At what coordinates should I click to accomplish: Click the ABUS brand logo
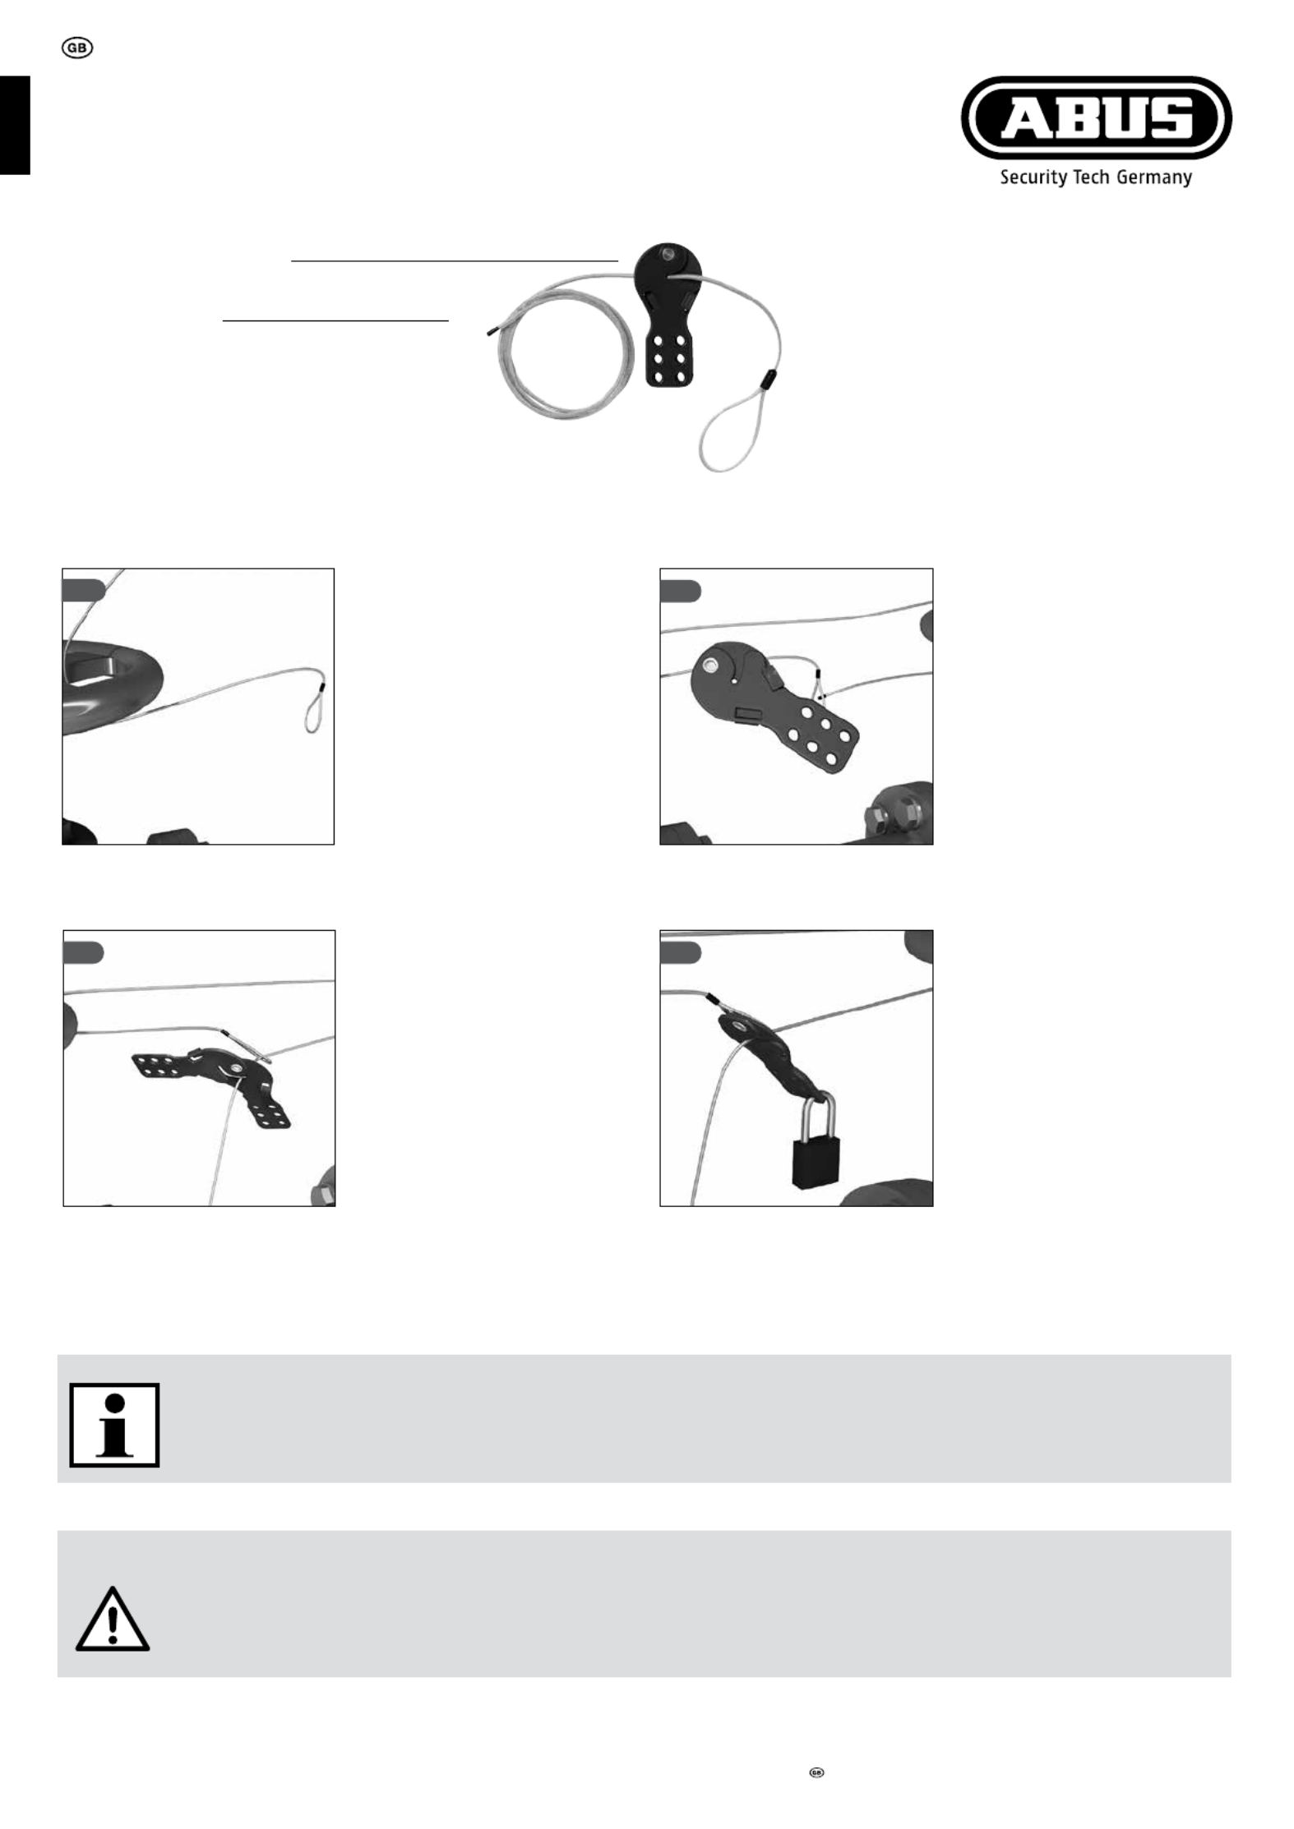pyautogui.click(x=1096, y=117)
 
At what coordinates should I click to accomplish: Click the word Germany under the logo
pyautogui.click(x=1154, y=177)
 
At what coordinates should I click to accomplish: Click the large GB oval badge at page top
pyautogui.click(x=77, y=48)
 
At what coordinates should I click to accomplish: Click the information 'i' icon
pyautogui.click(x=114, y=1425)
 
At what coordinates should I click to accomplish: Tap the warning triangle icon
pyautogui.click(x=113, y=1619)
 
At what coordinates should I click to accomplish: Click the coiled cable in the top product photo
pyautogui.click(x=567, y=357)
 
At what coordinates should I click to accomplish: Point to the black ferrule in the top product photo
pyautogui.click(x=770, y=380)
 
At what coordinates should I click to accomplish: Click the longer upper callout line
pyautogui.click(x=455, y=260)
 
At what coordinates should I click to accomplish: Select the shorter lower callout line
pyautogui.click(x=336, y=320)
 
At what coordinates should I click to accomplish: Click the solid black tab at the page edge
pyautogui.click(x=15, y=125)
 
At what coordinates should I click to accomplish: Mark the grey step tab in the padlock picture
pyautogui.click(x=681, y=952)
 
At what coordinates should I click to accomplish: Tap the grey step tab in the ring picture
pyautogui.click(x=84, y=589)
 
